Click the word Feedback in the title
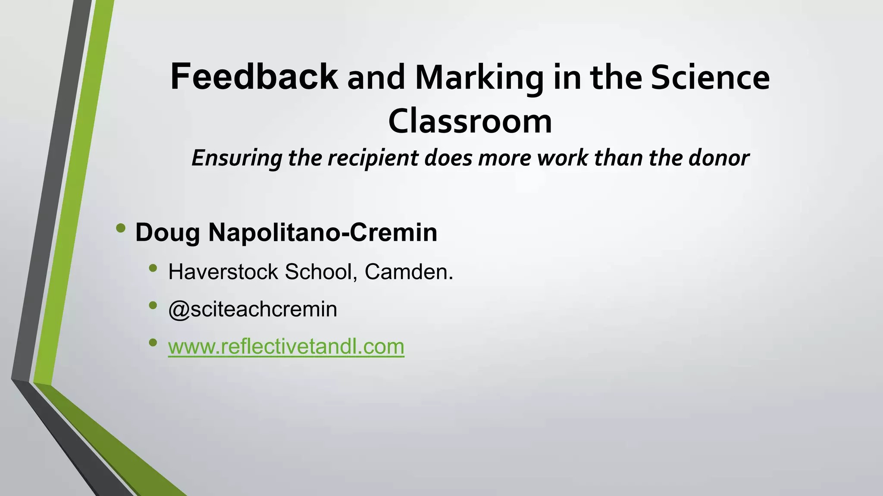click(254, 77)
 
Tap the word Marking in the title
click(479, 79)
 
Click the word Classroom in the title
click(470, 121)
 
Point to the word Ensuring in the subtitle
click(236, 158)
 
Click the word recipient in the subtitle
click(374, 158)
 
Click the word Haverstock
click(223, 272)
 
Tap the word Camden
click(409, 272)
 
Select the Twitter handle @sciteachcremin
click(253, 309)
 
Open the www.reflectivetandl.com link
click(286, 347)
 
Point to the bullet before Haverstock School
click(153, 268)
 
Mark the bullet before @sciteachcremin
click(153, 305)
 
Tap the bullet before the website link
click(153, 343)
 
